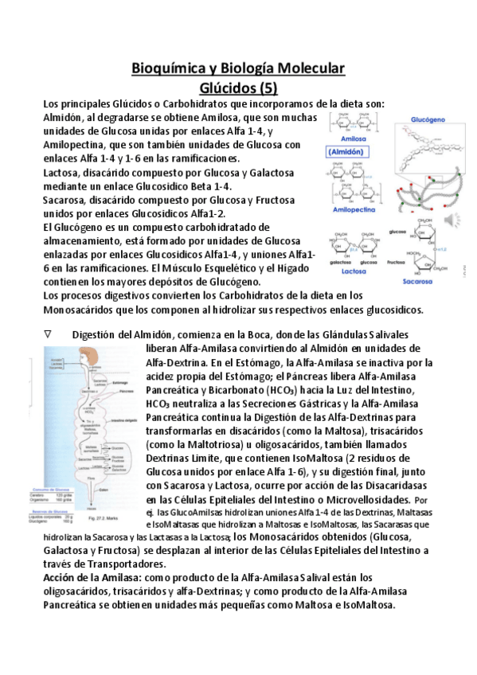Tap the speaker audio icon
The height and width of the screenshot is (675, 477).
pos(454,219)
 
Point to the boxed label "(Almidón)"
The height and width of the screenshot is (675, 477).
pos(347,150)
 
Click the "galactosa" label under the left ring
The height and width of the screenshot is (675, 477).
pos(336,259)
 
